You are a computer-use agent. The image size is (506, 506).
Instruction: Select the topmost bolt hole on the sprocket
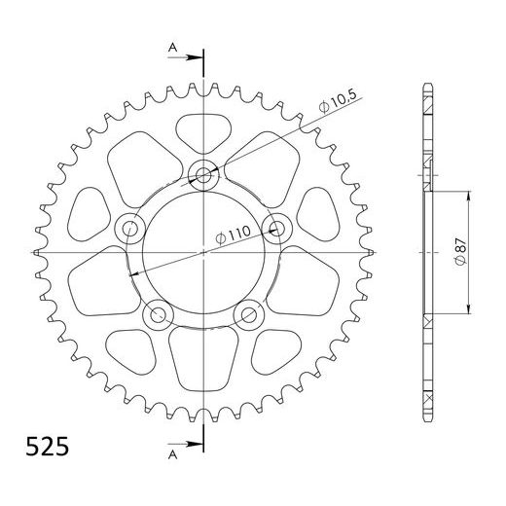click(x=203, y=175)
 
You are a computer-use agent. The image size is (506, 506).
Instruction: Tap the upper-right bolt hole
click(x=276, y=229)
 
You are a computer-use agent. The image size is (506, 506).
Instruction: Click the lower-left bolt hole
click(x=157, y=315)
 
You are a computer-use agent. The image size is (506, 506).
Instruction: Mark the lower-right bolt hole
click(x=249, y=315)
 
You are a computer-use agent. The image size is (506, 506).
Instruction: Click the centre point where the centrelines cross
click(x=203, y=252)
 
